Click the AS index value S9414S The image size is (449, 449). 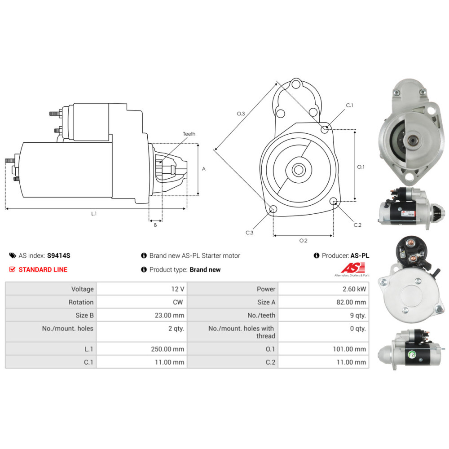(x=58, y=255)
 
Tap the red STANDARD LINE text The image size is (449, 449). (x=43, y=269)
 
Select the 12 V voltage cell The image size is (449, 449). (x=142, y=289)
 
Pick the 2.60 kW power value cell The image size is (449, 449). (x=324, y=289)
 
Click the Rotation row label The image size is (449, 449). (x=81, y=302)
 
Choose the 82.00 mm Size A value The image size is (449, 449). (x=351, y=302)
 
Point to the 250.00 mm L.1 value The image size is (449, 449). (x=167, y=349)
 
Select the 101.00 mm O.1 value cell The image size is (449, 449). (x=324, y=349)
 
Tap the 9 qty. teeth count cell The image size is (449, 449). (x=324, y=315)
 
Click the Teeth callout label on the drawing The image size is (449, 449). (x=189, y=134)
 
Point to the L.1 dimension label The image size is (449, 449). (x=94, y=214)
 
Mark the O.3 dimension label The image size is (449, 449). (x=241, y=114)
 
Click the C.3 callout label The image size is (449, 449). (x=249, y=233)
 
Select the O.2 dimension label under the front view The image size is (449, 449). (x=303, y=241)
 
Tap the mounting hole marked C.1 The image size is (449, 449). (x=325, y=129)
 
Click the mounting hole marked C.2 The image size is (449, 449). (x=333, y=201)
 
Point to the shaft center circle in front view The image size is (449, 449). (x=299, y=170)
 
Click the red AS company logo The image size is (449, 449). (x=353, y=269)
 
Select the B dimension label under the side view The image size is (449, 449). (x=155, y=225)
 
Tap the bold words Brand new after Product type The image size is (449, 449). (x=205, y=269)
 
